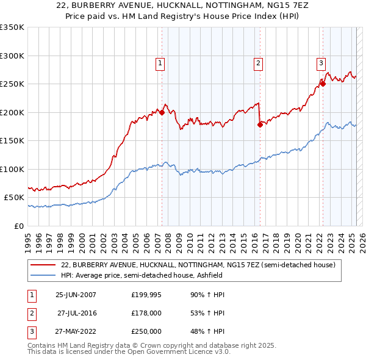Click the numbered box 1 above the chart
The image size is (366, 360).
[x=160, y=62]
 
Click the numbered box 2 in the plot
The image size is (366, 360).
[x=259, y=62]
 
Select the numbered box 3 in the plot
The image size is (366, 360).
[x=321, y=62]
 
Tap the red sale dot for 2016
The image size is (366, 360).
[x=260, y=124]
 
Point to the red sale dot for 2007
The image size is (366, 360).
[x=162, y=112]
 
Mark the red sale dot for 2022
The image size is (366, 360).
[x=323, y=84]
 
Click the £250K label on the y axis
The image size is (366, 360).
[x=12, y=84]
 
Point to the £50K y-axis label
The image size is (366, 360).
[x=15, y=198]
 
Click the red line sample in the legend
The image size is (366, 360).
[x=44, y=265]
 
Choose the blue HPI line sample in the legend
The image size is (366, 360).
[x=44, y=275]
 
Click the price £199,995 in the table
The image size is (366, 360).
[x=146, y=295]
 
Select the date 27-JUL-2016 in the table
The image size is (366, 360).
[x=77, y=313]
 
